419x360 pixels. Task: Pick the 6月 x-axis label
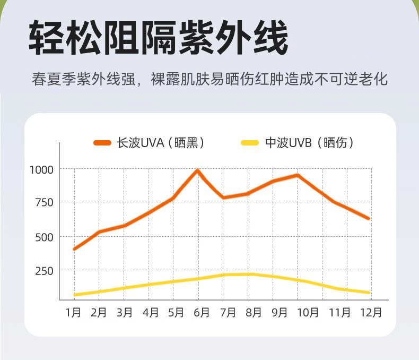(x=202, y=312)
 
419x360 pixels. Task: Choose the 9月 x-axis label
(x=279, y=312)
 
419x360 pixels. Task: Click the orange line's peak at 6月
(x=197, y=170)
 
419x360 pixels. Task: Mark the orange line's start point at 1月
(x=75, y=248)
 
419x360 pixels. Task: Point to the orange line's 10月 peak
(x=298, y=175)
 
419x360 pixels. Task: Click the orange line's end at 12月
(x=368, y=218)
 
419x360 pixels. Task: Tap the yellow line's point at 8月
(x=249, y=274)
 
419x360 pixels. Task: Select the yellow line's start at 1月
(x=75, y=295)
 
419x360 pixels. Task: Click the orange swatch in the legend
(x=102, y=143)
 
